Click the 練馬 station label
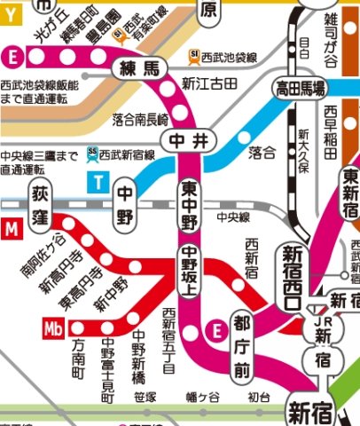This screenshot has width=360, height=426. tap(133, 69)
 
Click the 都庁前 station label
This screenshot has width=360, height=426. tap(243, 343)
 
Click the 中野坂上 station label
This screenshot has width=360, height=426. tap(189, 274)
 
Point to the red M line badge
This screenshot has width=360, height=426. tap(12, 231)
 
